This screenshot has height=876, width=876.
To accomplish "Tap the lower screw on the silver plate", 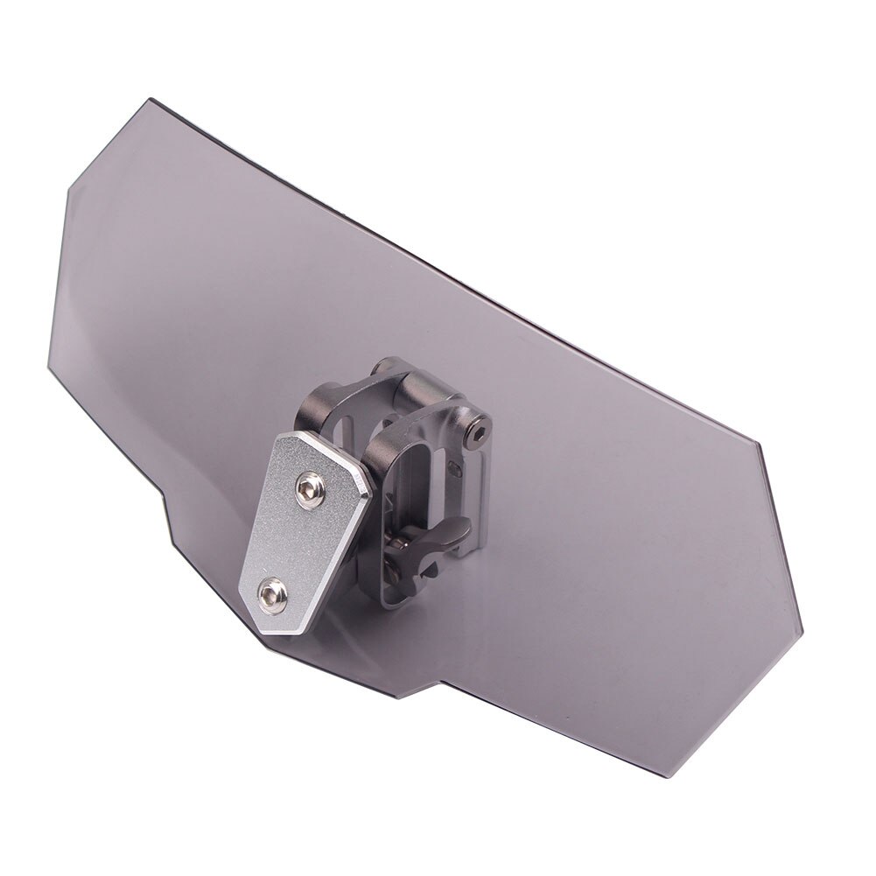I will [x=272, y=594].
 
